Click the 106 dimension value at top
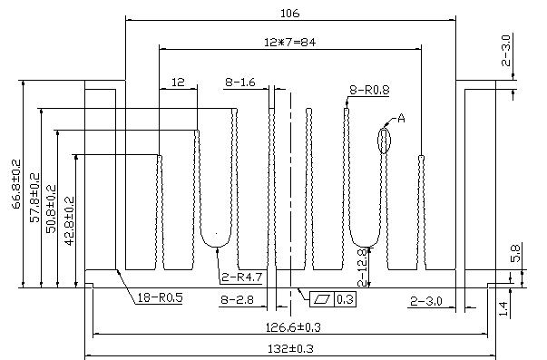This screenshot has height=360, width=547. (290, 14)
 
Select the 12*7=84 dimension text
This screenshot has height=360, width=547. (290, 43)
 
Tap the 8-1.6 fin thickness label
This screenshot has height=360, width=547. (240, 83)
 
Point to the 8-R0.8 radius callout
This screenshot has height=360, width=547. (369, 90)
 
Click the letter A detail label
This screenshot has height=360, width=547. (401, 119)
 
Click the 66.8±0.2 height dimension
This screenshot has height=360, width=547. (16, 184)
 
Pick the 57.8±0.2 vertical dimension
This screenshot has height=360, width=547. (34, 198)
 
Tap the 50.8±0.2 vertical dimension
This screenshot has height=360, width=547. (51, 209)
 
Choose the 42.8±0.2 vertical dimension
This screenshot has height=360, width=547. (70, 221)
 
